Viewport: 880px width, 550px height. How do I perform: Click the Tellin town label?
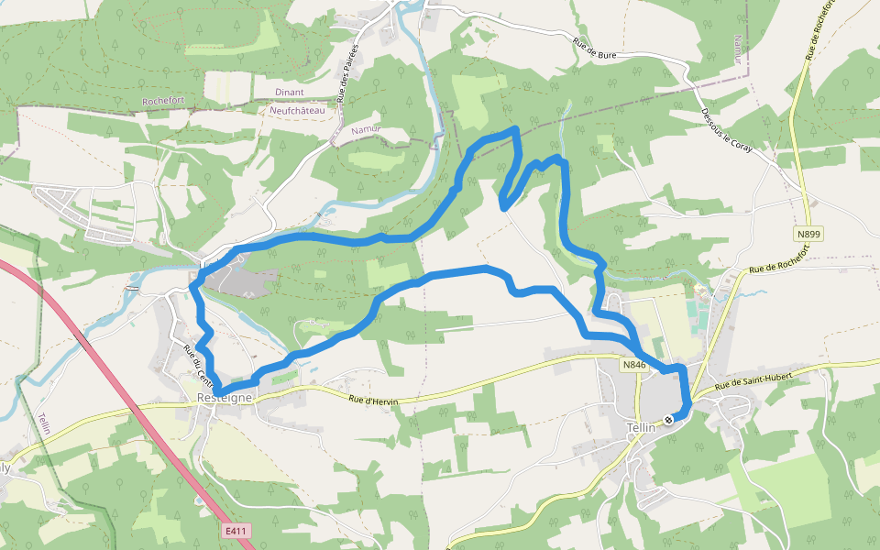pyautogui.click(x=643, y=427)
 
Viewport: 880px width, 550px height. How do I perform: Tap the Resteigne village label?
pyautogui.click(x=224, y=398)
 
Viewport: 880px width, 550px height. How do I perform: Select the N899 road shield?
pyautogui.click(x=808, y=235)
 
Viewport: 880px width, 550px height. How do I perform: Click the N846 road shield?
pyautogui.click(x=634, y=365)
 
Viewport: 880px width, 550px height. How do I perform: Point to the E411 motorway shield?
pyautogui.click(x=236, y=531)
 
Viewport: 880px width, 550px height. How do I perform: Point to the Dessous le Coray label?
pyautogui.click(x=726, y=130)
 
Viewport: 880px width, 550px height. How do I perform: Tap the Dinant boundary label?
pyautogui.click(x=289, y=93)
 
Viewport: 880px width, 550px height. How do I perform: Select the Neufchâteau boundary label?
pyautogui.click(x=297, y=110)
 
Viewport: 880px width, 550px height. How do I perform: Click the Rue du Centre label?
pyautogui.click(x=199, y=365)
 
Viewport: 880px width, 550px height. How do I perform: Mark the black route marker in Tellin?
pyautogui.click(x=668, y=420)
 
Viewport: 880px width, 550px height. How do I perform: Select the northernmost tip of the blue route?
pyautogui.click(x=516, y=129)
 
